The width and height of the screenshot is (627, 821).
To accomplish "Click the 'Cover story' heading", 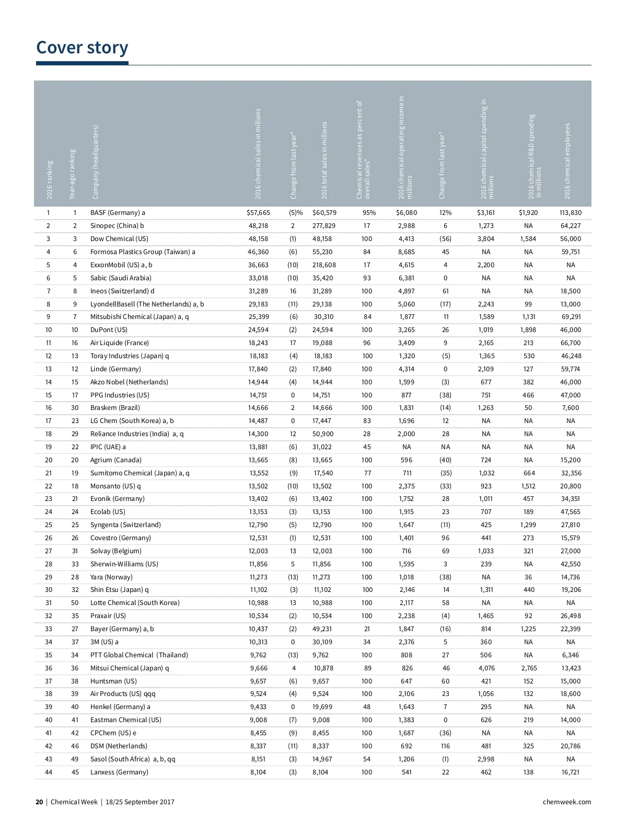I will pos(82,48).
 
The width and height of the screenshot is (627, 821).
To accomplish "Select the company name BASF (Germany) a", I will pos(118,213).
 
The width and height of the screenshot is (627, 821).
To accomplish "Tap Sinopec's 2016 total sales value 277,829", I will pos(324,226).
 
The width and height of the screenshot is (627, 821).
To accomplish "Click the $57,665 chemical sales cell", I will pos(258,213).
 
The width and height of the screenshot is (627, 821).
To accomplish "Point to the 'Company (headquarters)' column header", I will pos(96,162).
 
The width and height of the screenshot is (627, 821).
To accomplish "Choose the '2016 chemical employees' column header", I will pos(567,161).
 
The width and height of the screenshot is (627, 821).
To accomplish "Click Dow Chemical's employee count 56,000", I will pos(570,239).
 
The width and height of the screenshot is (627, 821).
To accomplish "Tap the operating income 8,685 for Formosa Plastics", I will pos(407,252).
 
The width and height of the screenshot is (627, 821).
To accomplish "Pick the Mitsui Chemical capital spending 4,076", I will pos(486,668).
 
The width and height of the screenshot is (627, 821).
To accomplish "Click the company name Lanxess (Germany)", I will pos(119,772).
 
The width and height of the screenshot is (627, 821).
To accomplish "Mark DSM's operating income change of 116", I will pos(445,746).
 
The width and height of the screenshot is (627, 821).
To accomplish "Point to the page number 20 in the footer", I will pos(39,802).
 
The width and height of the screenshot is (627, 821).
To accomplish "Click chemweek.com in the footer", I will pos(567,802).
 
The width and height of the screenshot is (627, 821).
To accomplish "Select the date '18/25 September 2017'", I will pos(140,802).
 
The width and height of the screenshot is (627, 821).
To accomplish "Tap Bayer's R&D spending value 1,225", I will pos(528,629).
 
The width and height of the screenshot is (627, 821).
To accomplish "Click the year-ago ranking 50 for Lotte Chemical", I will pos(75,603).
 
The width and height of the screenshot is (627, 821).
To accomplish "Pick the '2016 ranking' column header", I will pos(50,179).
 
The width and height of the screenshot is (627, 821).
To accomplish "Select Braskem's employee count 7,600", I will pos(570,408).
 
